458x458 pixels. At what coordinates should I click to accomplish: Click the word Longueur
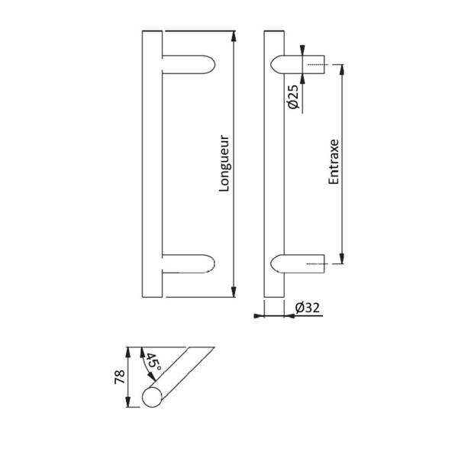point(224,164)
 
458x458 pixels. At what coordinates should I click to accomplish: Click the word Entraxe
point(334,163)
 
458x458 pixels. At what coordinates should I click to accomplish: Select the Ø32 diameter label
point(305,308)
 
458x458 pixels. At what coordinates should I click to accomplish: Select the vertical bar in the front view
point(151,164)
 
